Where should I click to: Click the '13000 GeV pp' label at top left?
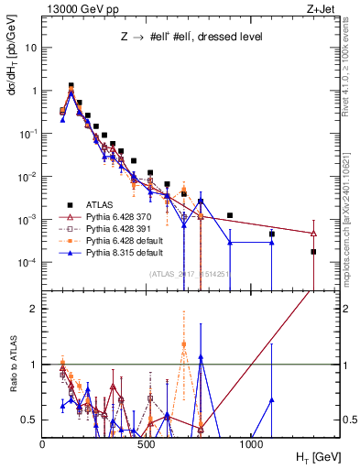point(80,8)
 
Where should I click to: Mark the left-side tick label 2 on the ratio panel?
point(34,309)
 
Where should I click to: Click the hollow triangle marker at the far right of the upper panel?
point(314,234)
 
